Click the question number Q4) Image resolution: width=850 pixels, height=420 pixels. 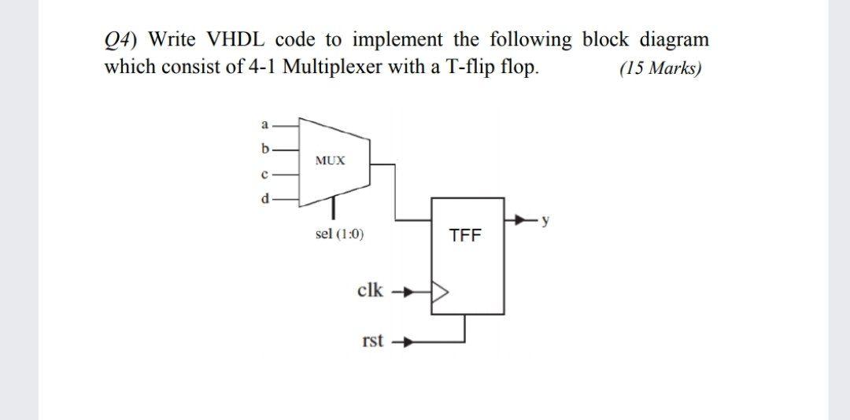[x=122, y=39]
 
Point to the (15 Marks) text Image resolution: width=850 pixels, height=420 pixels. [x=660, y=68]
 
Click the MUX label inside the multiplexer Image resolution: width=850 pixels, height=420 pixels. [x=330, y=160]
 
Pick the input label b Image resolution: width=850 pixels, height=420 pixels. [x=265, y=147]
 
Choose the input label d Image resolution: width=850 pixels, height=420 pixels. [x=265, y=197]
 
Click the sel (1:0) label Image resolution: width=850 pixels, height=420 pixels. [x=339, y=234]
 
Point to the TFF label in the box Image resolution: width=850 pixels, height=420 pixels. [x=464, y=235]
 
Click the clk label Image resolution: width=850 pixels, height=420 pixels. [x=370, y=290]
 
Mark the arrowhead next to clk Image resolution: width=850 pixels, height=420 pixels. [x=407, y=293]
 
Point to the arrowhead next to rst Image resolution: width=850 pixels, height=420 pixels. [x=407, y=343]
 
